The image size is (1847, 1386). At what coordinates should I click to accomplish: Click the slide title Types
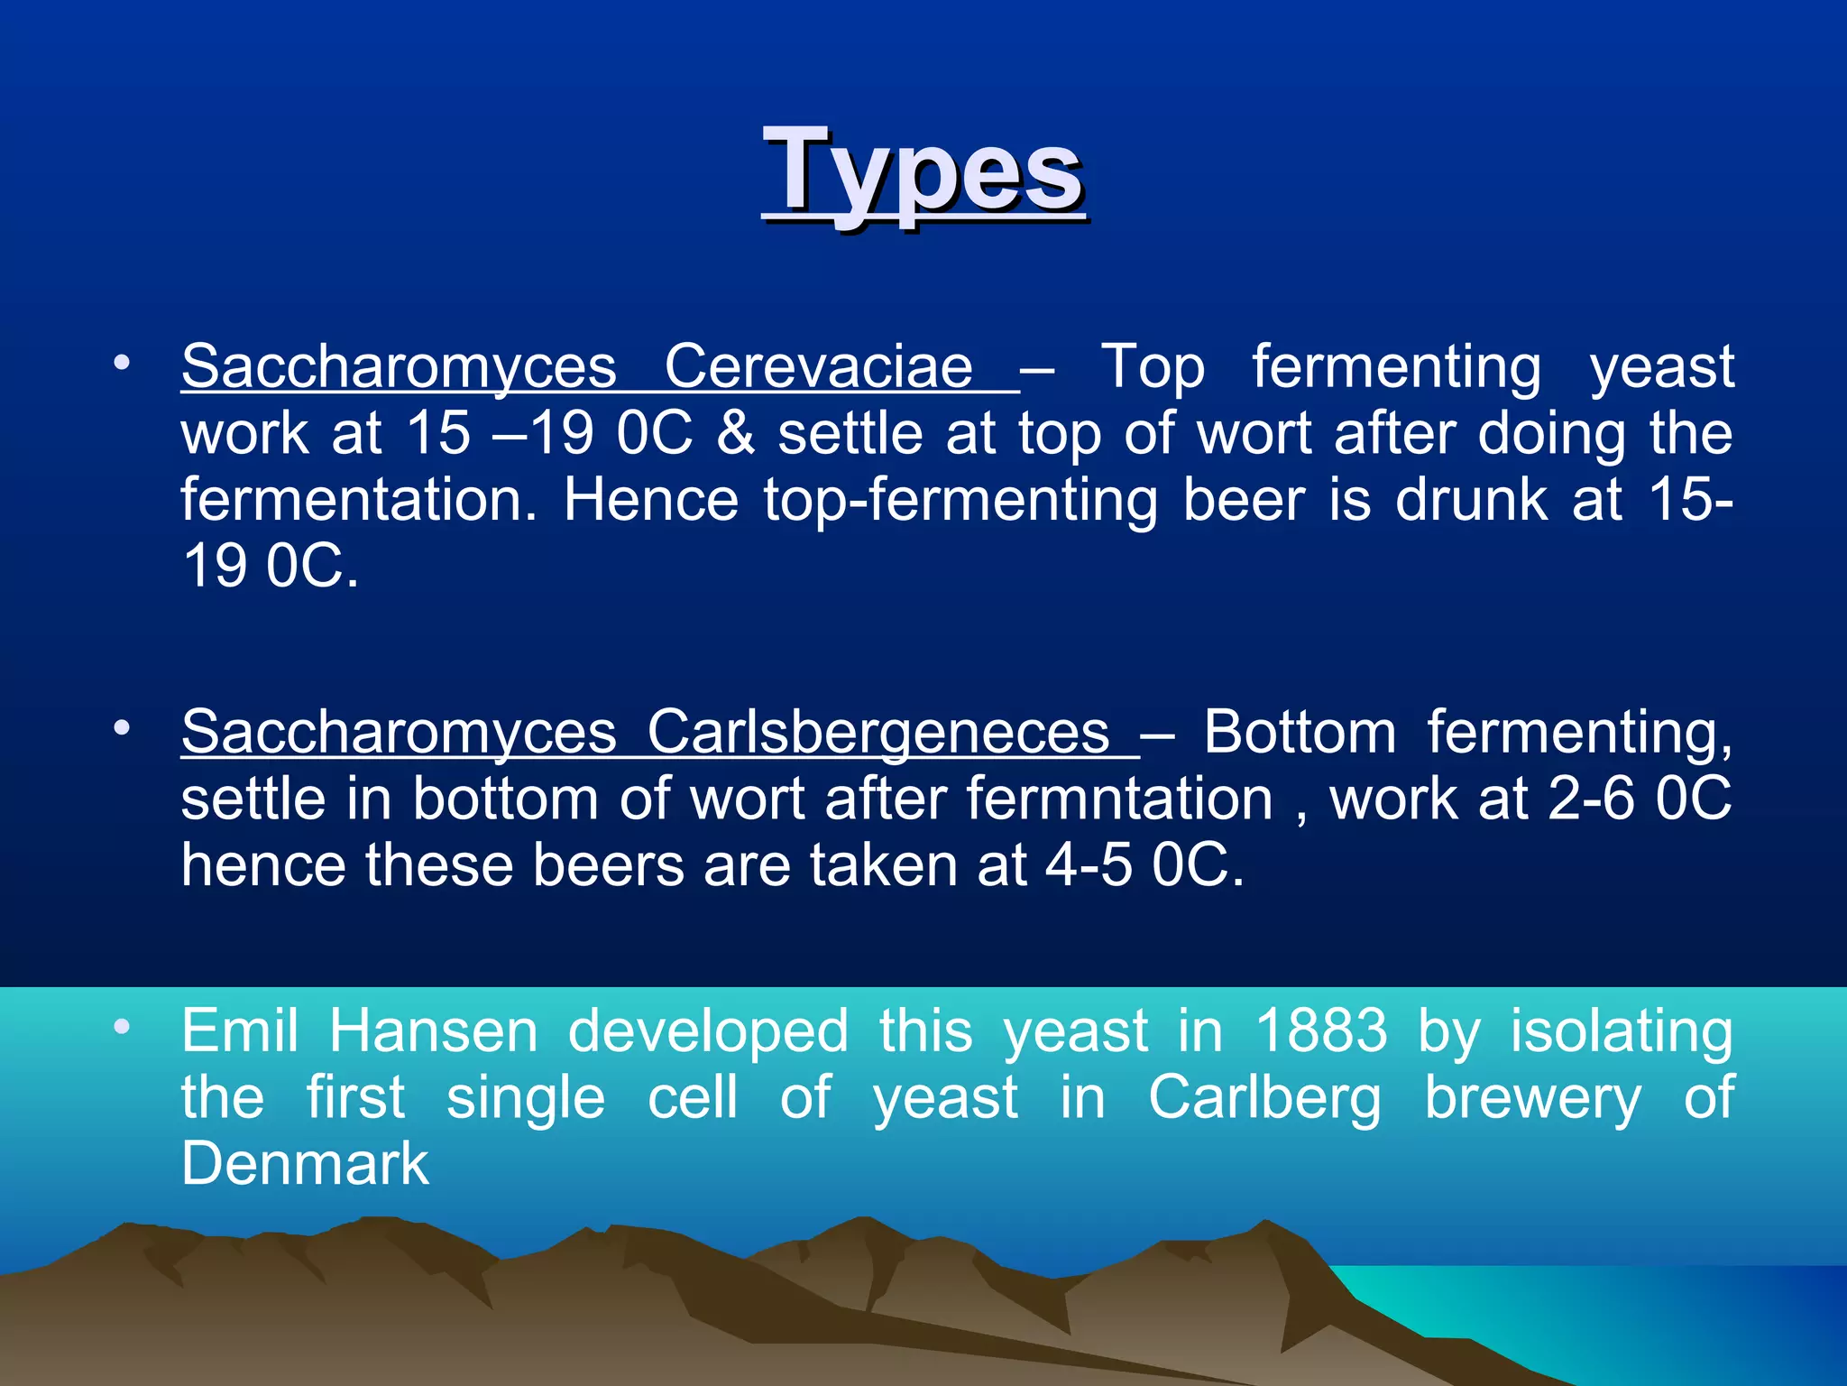coord(923,171)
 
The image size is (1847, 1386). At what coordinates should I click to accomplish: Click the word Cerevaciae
coord(818,367)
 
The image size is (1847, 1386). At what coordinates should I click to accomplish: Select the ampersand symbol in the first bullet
coord(735,433)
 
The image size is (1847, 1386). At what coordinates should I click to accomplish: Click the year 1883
coord(1321,1030)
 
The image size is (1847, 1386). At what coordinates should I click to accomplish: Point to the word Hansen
coord(433,1030)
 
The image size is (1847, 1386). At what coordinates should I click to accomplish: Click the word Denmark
coord(305,1163)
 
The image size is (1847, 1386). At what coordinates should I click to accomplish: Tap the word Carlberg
coord(1263,1097)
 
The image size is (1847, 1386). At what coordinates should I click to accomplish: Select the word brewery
coord(1532,1097)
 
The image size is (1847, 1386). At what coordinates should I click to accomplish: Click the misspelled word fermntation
coord(1118,799)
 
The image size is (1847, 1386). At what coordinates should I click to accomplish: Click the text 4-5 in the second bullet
coord(1089,865)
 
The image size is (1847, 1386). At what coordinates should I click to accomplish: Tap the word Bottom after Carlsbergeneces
coord(1300,732)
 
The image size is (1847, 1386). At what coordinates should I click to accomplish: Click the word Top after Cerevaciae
coord(1153,367)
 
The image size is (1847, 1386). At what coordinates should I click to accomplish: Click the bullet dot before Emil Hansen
coord(123,1027)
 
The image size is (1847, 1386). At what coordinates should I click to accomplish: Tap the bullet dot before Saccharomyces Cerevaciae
coord(123,364)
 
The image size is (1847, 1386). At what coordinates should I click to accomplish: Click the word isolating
coord(1621,1030)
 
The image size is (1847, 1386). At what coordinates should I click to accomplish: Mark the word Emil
coord(239,1030)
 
